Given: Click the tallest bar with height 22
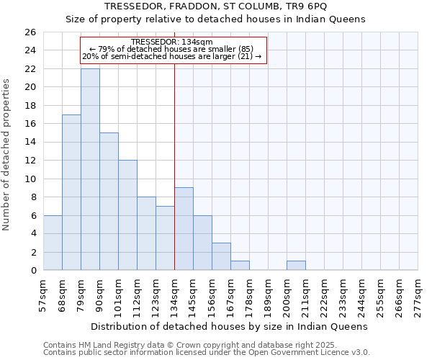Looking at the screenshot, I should pyautogui.click(x=90, y=169).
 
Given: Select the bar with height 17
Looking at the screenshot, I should pyautogui.click(x=71, y=192).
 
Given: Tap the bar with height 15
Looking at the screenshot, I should pyautogui.click(x=109, y=202).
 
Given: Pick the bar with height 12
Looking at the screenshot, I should pyautogui.click(x=127, y=215).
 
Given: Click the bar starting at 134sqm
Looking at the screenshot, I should pyautogui.click(x=184, y=229).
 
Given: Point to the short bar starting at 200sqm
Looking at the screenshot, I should pyautogui.click(x=296, y=266).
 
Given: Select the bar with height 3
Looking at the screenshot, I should pyautogui.click(x=221, y=256).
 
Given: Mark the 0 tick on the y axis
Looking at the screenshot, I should pyautogui.click(x=32, y=271).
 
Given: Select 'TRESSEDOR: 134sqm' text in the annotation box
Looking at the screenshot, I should pyautogui.click(x=173, y=42).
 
